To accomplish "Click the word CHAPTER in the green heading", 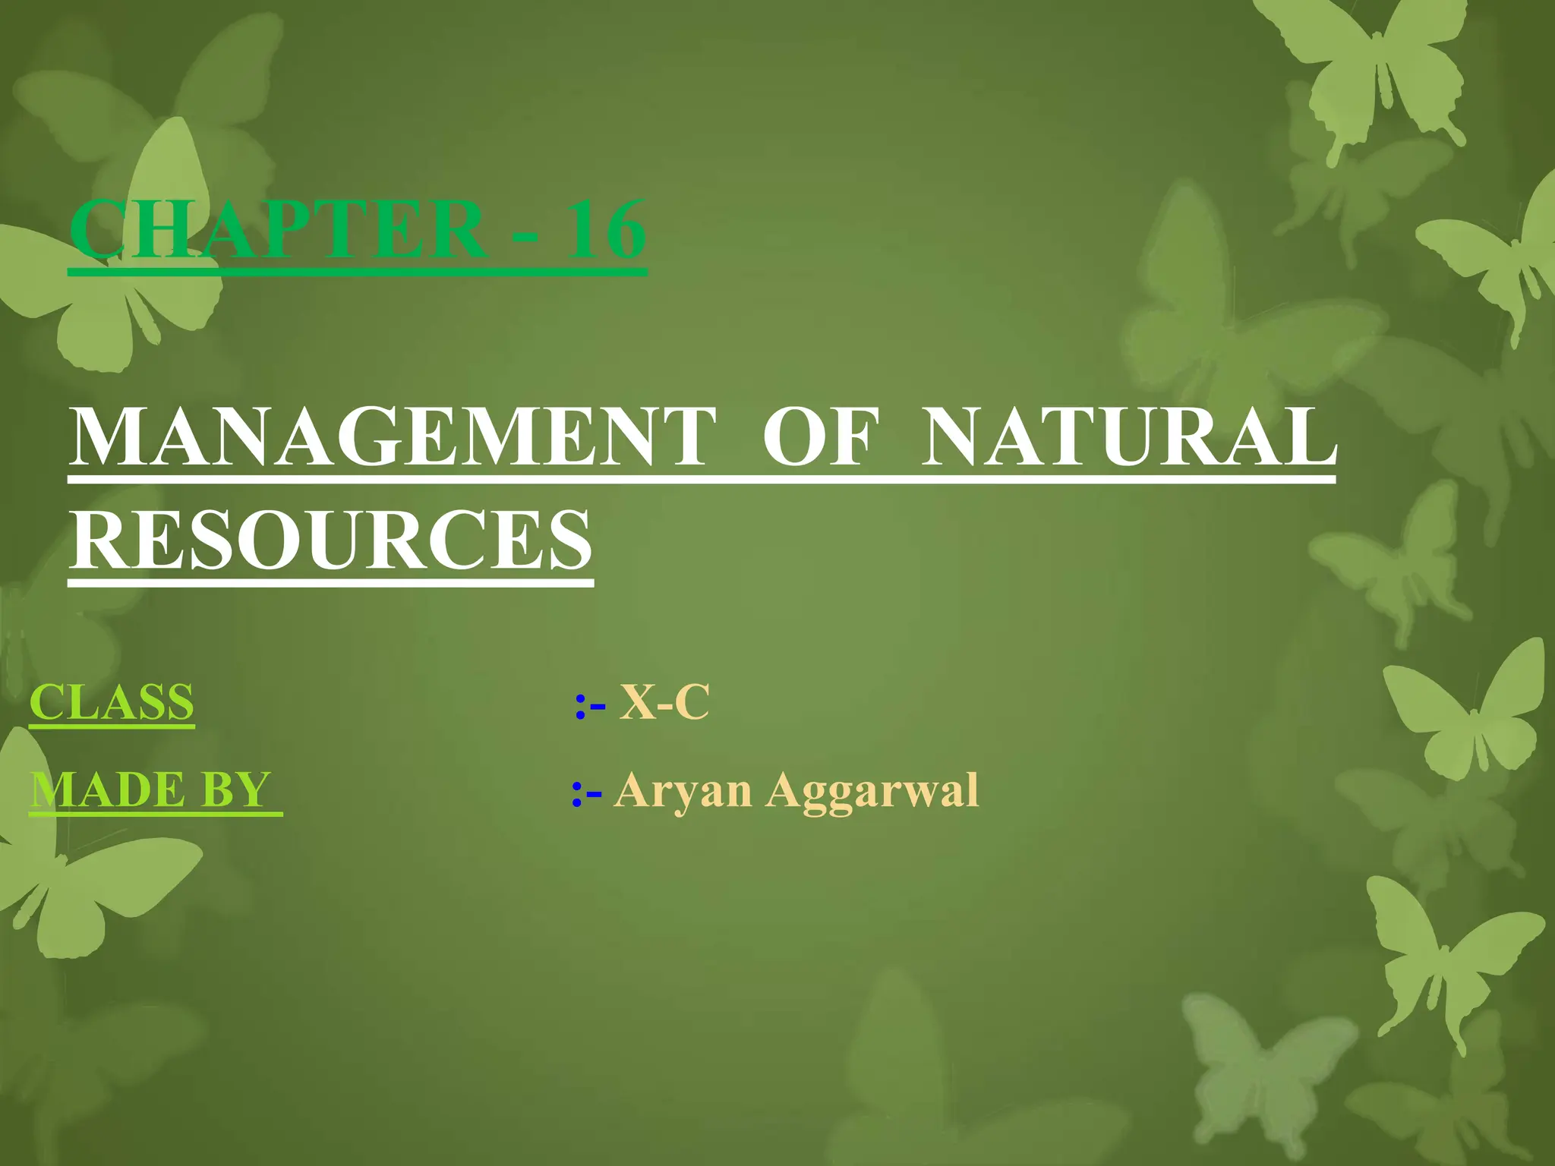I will [278, 229].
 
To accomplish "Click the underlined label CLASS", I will [112, 702].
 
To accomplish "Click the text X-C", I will [664, 702].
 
